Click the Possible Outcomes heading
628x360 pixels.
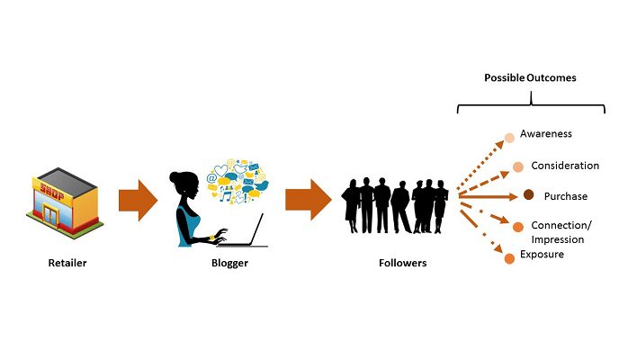coord(530,78)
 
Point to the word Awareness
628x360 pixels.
coord(545,134)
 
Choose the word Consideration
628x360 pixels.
coord(565,166)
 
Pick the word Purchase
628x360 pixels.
coord(565,196)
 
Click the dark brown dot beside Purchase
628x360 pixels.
coord(529,196)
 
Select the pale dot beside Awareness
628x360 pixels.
coord(510,138)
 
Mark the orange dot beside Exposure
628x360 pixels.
coord(509,259)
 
